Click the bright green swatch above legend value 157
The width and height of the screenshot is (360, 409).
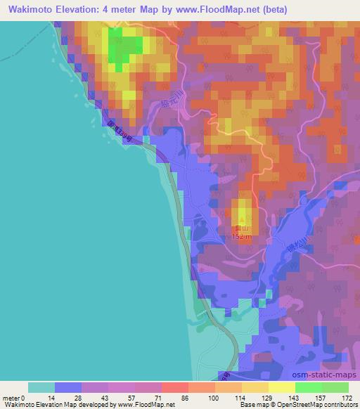click(309, 387)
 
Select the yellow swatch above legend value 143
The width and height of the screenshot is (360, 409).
click(282, 387)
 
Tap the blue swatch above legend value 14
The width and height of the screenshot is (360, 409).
click(68, 387)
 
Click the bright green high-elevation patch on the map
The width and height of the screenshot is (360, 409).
click(127, 46)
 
